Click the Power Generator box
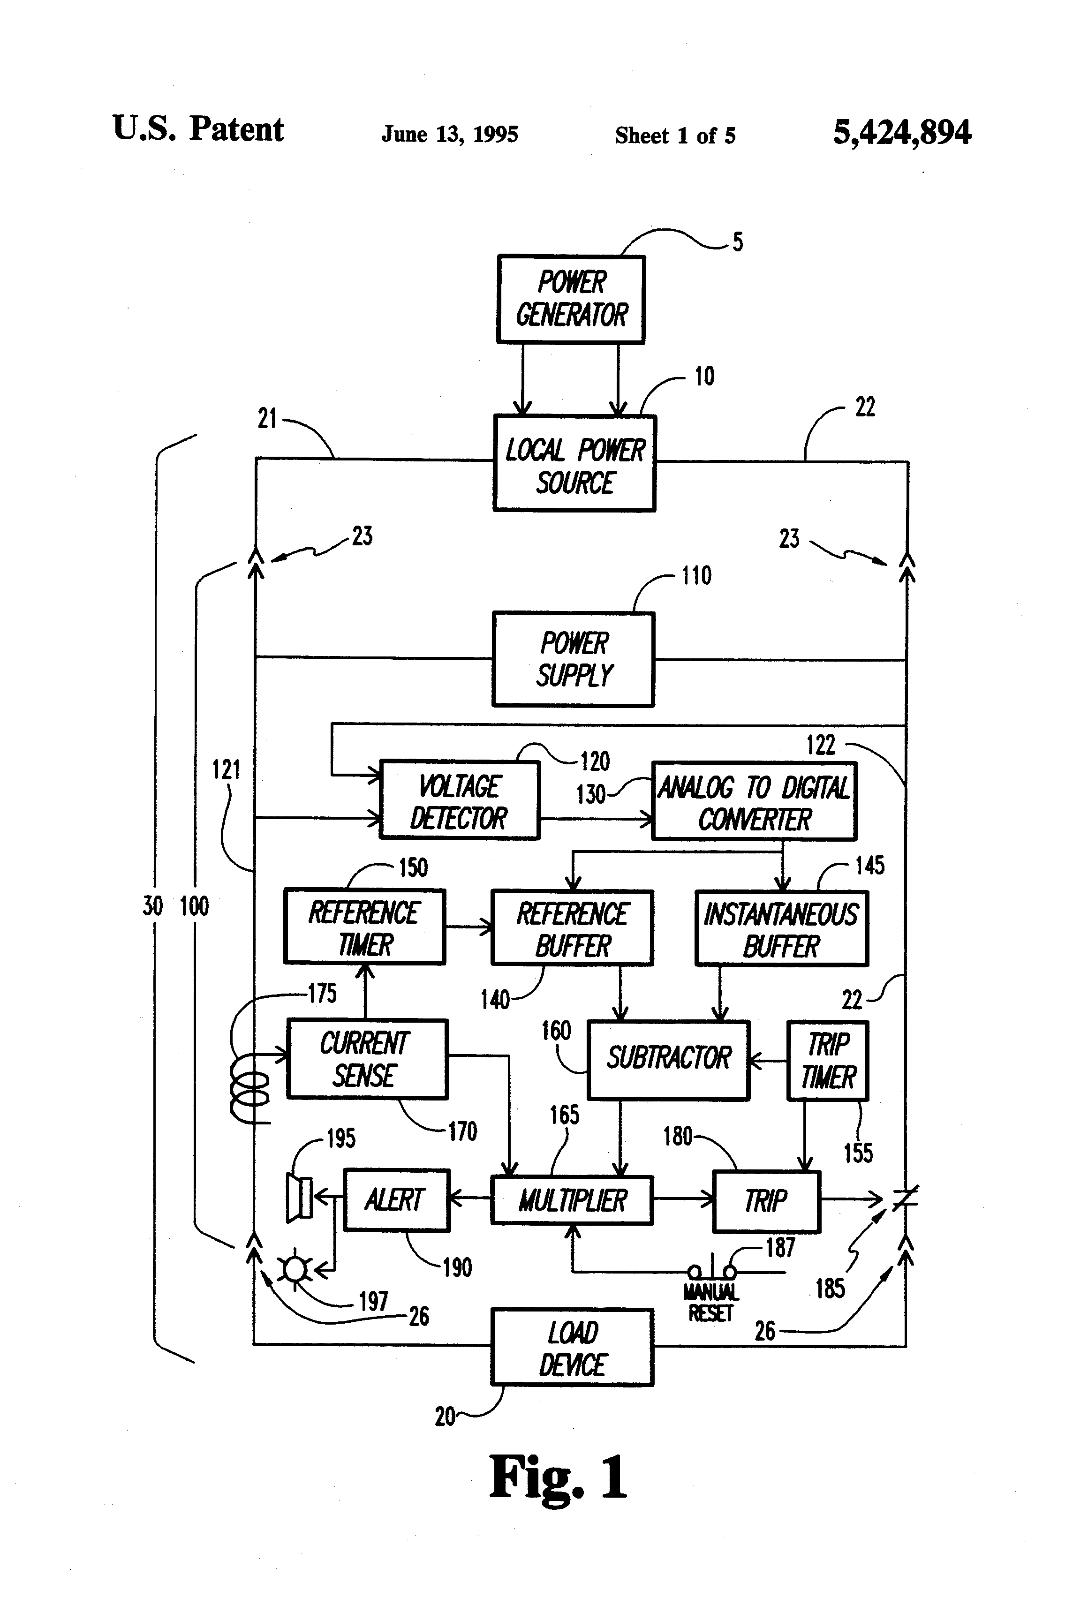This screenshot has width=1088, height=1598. [x=571, y=299]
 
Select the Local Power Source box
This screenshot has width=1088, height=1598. [x=574, y=463]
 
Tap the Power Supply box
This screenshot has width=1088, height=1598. [x=573, y=659]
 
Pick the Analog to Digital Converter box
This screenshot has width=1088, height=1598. [x=754, y=801]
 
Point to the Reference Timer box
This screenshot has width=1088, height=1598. [x=364, y=927]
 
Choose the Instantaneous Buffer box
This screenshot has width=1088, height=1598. [x=781, y=928]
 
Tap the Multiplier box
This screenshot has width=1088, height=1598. [x=572, y=1200]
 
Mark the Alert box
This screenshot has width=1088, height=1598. [x=396, y=1200]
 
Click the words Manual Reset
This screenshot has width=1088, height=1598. [x=710, y=1303]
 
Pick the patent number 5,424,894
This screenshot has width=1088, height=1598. [x=902, y=132]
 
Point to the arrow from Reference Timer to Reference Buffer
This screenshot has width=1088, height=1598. [x=468, y=927]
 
